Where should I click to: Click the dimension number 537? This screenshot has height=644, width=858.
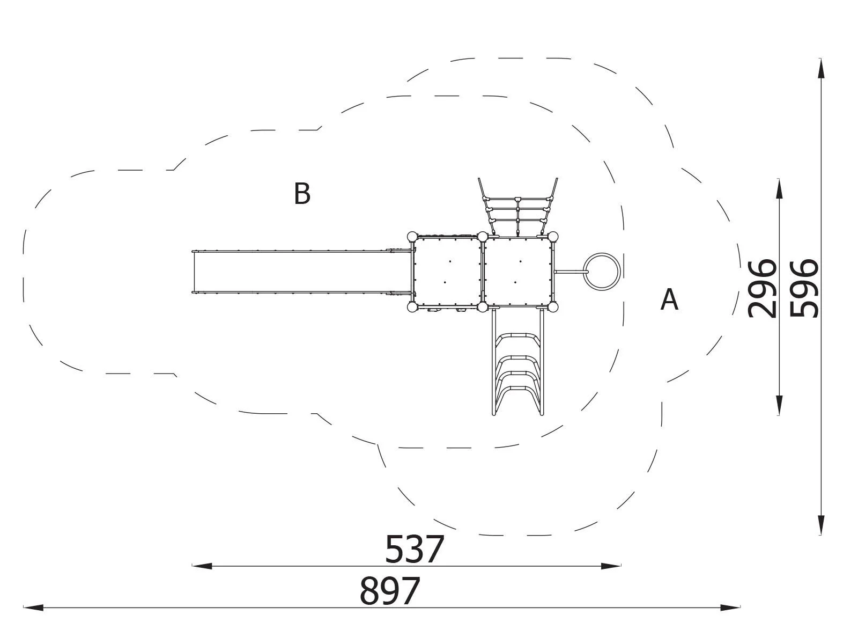click(415, 550)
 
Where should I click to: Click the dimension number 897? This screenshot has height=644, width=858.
click(390, 591)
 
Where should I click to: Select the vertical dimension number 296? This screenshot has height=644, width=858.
click(761, 289)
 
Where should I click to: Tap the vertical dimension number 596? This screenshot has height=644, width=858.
click(804, 289)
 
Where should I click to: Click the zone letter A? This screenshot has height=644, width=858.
click(669, 299)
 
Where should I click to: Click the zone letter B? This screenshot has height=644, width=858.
click(302, 193)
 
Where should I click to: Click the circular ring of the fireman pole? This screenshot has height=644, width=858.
click(602, 253)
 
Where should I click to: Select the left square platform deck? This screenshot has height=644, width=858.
click(447, 272)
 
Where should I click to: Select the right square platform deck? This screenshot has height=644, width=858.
click(518, 272)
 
